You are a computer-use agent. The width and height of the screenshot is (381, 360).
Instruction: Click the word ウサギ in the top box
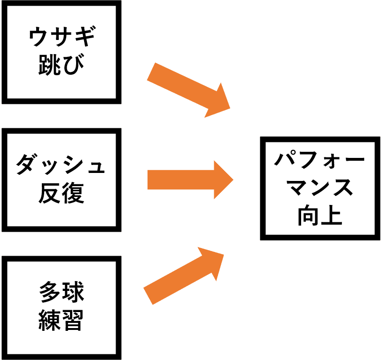pyautogui.click(x=61, y=38)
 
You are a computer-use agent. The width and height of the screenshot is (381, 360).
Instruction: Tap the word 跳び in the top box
pyautogui.click(x=61, y=65)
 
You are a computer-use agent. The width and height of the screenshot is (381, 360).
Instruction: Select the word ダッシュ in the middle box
pyautogui.click(x=61, y=165)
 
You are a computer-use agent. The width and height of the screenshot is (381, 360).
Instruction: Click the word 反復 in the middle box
pyautogui.click(x=61, y=192)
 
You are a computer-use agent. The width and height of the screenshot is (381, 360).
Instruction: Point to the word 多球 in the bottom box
pyautogui.click(x=61, y=292)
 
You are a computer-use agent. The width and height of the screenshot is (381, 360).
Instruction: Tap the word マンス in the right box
pyautogui.click(x=320, y=188)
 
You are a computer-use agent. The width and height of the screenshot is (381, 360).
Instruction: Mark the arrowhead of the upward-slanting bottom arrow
pyautogui.click(x=211, y=263)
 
